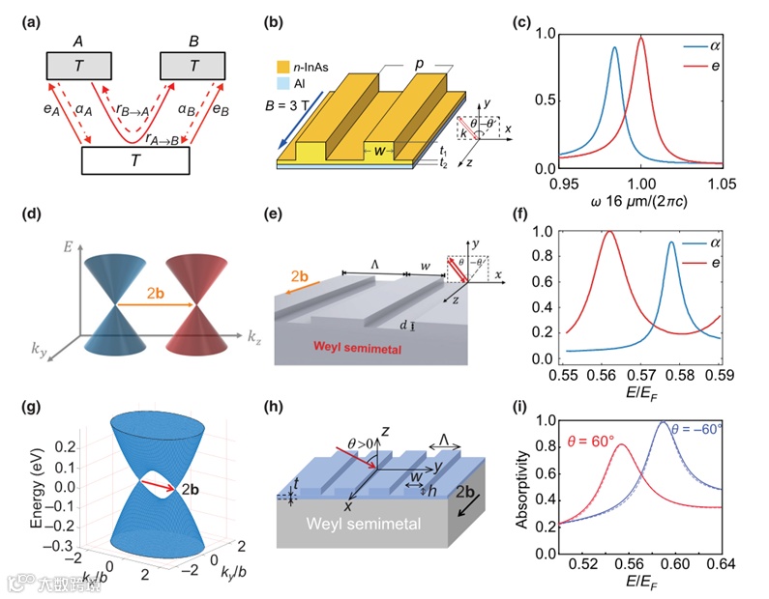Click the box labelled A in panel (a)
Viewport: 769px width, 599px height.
click(83, 66)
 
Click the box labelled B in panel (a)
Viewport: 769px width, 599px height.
click(196, 66)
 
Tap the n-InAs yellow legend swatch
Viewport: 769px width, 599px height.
click(283, 66)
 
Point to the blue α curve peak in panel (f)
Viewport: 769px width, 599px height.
click(670, 242)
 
